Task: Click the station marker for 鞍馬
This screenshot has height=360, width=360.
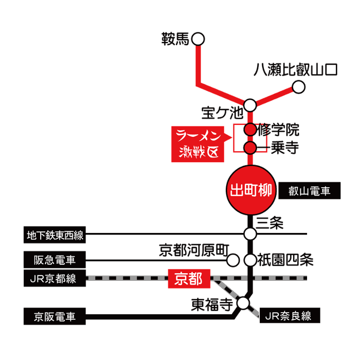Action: point(198,39)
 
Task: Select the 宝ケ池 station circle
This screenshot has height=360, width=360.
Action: point(250,105)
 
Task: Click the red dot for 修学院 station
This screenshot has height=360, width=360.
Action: point(250,129)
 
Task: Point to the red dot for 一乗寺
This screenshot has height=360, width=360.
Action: point(250,149)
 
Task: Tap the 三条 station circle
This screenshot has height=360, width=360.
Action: point(250,234)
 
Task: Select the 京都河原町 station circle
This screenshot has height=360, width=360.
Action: point(233,260)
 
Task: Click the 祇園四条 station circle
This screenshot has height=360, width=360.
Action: point(250,260)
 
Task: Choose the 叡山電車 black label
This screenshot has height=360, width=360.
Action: point(310,192)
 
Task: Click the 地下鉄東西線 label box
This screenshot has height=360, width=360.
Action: point(55,236)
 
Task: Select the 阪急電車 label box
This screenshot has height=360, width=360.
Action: point(55,259)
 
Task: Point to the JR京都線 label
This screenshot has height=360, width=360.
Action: point(55,279)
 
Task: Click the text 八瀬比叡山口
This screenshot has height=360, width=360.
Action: point(296,70)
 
